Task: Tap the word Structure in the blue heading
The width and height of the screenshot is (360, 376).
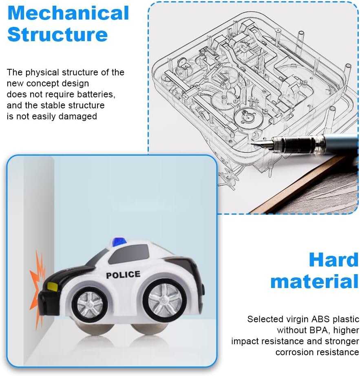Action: (x=57, y=35)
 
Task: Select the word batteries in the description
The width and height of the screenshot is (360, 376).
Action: (x=96, y=94)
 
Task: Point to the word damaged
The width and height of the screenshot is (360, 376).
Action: (x=77, y=116)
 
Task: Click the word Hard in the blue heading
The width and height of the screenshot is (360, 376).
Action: (x=334, y=260)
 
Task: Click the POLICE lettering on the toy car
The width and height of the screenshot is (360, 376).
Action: (x=123, y=275)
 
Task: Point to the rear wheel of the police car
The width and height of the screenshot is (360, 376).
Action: (x=165, y=300)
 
